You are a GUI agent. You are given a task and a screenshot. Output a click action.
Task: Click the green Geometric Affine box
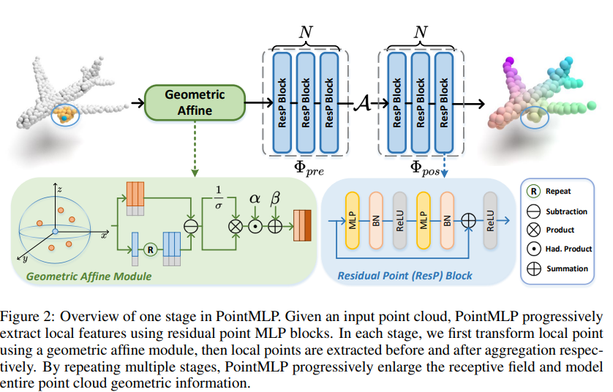tap(194, 103)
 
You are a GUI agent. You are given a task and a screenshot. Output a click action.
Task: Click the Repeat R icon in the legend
tap(534, 193)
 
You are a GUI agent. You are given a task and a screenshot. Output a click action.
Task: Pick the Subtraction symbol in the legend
tap(534, 211)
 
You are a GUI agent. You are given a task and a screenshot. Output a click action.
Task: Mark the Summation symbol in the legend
tap(534, 268)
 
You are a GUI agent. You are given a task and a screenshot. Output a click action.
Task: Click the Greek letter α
tap(255, 198)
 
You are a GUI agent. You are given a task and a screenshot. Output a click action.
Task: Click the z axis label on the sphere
tap(59, 189)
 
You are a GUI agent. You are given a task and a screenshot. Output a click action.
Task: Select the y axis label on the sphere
tap(25, 258)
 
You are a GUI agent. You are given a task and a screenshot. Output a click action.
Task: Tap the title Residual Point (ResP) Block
tap(405, 276)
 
